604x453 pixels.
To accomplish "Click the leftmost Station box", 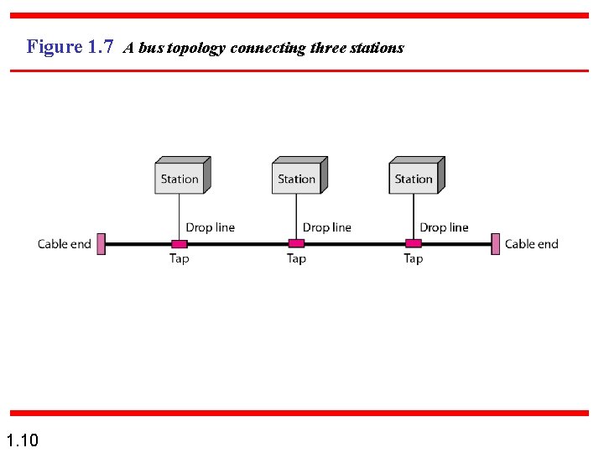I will coord(180,177).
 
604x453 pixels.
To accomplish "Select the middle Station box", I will coord(298,177).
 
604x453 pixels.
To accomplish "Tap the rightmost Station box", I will coord(414,177).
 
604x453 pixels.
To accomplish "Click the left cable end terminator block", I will coord(101,244).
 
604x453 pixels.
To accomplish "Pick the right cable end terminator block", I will coord(496,244).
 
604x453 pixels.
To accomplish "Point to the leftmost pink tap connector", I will coord(179,244).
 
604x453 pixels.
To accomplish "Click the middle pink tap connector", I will coord(296,244).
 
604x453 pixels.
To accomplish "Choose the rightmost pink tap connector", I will coord(413,244).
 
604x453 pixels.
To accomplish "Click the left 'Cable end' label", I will coord(65,244).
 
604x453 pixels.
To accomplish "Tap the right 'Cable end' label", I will coord(531,244).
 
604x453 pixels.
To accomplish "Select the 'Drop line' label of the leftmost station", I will coord(210,227).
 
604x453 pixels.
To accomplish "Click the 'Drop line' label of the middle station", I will coord(327,227).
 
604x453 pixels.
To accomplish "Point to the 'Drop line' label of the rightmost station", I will coord(444,227).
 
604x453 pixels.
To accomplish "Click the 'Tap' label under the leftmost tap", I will coord(179,258).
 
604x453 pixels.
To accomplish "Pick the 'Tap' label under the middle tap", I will coord(296,258).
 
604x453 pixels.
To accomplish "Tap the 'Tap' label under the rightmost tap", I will coord(413,258).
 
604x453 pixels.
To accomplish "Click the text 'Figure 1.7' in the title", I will coord(70,47).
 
